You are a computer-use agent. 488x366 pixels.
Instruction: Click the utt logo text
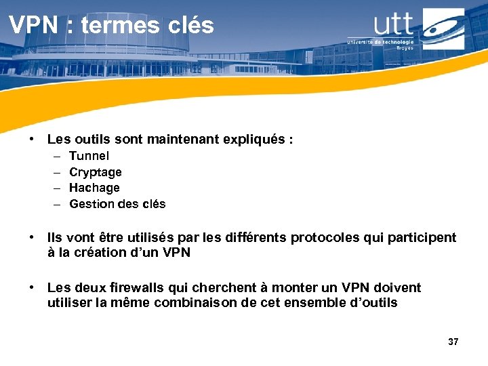click(x=393, y=24)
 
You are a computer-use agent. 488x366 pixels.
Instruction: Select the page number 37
click(x=453, y=342)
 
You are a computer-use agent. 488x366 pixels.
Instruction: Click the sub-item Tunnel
click(x=89, y=156)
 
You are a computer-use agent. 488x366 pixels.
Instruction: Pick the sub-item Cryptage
click(x=95, y=172)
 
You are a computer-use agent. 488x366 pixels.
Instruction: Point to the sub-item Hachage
click(x=94, y=188)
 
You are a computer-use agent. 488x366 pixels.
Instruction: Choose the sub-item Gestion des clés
click(x=117, y=204)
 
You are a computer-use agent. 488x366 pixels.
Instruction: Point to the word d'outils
click(x=373, y=303)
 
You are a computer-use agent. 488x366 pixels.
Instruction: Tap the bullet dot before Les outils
click(x=32, y=140)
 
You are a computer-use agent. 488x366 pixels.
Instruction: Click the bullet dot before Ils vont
click(x=32, y=237)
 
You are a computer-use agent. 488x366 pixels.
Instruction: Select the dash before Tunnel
click(x=55, y=156)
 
